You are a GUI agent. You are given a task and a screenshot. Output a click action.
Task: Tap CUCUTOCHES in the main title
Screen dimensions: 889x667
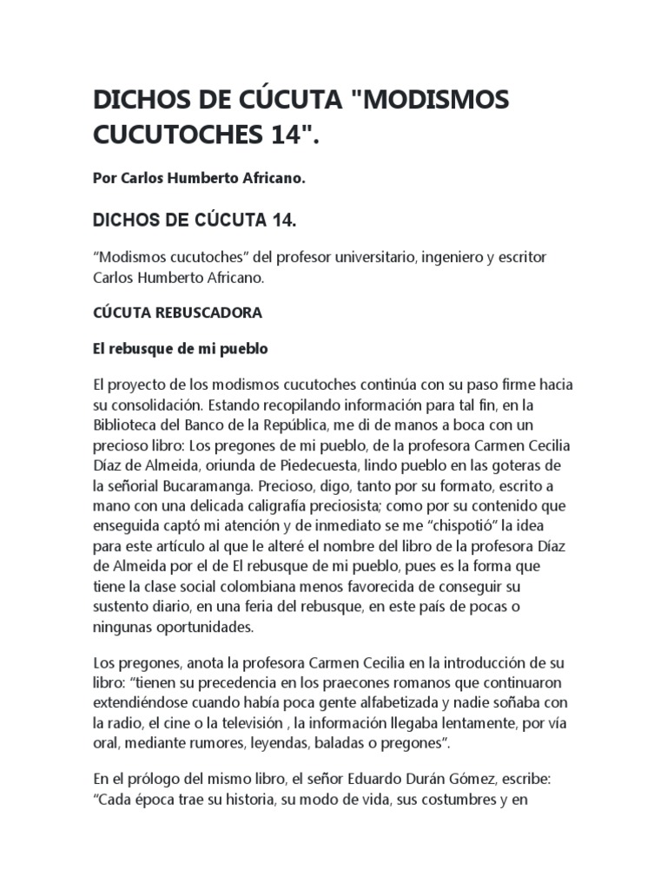[x=195, y=138]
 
